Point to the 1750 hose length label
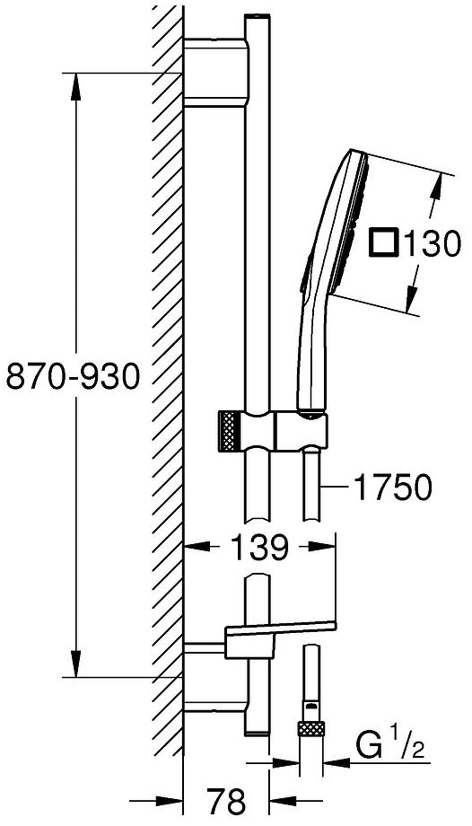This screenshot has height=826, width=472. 393,488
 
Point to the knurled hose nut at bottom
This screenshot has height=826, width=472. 310,726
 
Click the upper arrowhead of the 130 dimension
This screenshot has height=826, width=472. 437,180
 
